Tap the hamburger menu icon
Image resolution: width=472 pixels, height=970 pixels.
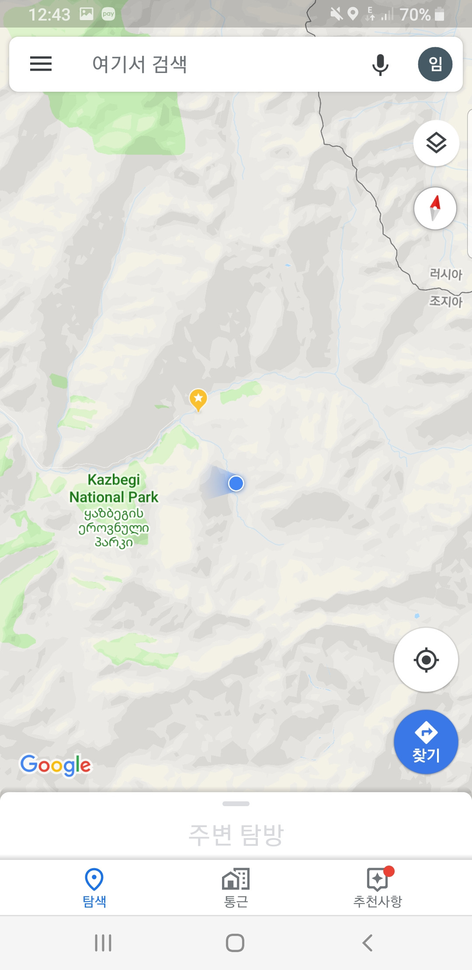(x=41, y=64)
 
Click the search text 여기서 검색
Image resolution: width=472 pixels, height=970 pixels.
(x=140, y=64)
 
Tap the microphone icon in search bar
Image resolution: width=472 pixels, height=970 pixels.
(x=380, y=65)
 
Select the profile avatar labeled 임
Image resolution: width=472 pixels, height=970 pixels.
(x=435, y=64)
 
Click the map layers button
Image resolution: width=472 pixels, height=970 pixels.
(x=436, y=143)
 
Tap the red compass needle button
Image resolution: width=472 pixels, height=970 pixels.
(x=435, y=208)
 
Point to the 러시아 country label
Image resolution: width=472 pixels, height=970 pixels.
(x=446, y=274)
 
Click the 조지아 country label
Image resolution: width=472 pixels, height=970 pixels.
(x=446, y=301)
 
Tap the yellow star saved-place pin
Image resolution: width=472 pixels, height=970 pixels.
(x=198, y=399)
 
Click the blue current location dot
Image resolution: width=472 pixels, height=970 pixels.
(x=236, y=483)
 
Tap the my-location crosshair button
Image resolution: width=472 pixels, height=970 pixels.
(x=426, y=660)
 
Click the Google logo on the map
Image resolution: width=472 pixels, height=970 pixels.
(x=56, y=765)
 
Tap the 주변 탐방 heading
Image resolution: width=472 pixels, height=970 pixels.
(x=236, y=835)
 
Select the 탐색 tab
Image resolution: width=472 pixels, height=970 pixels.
(x=94, y=887)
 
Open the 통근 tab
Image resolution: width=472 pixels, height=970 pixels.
(x=236, y=887)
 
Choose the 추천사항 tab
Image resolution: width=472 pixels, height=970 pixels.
(x=378, y=887)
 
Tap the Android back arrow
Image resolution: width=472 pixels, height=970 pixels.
(x=368, y=943)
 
